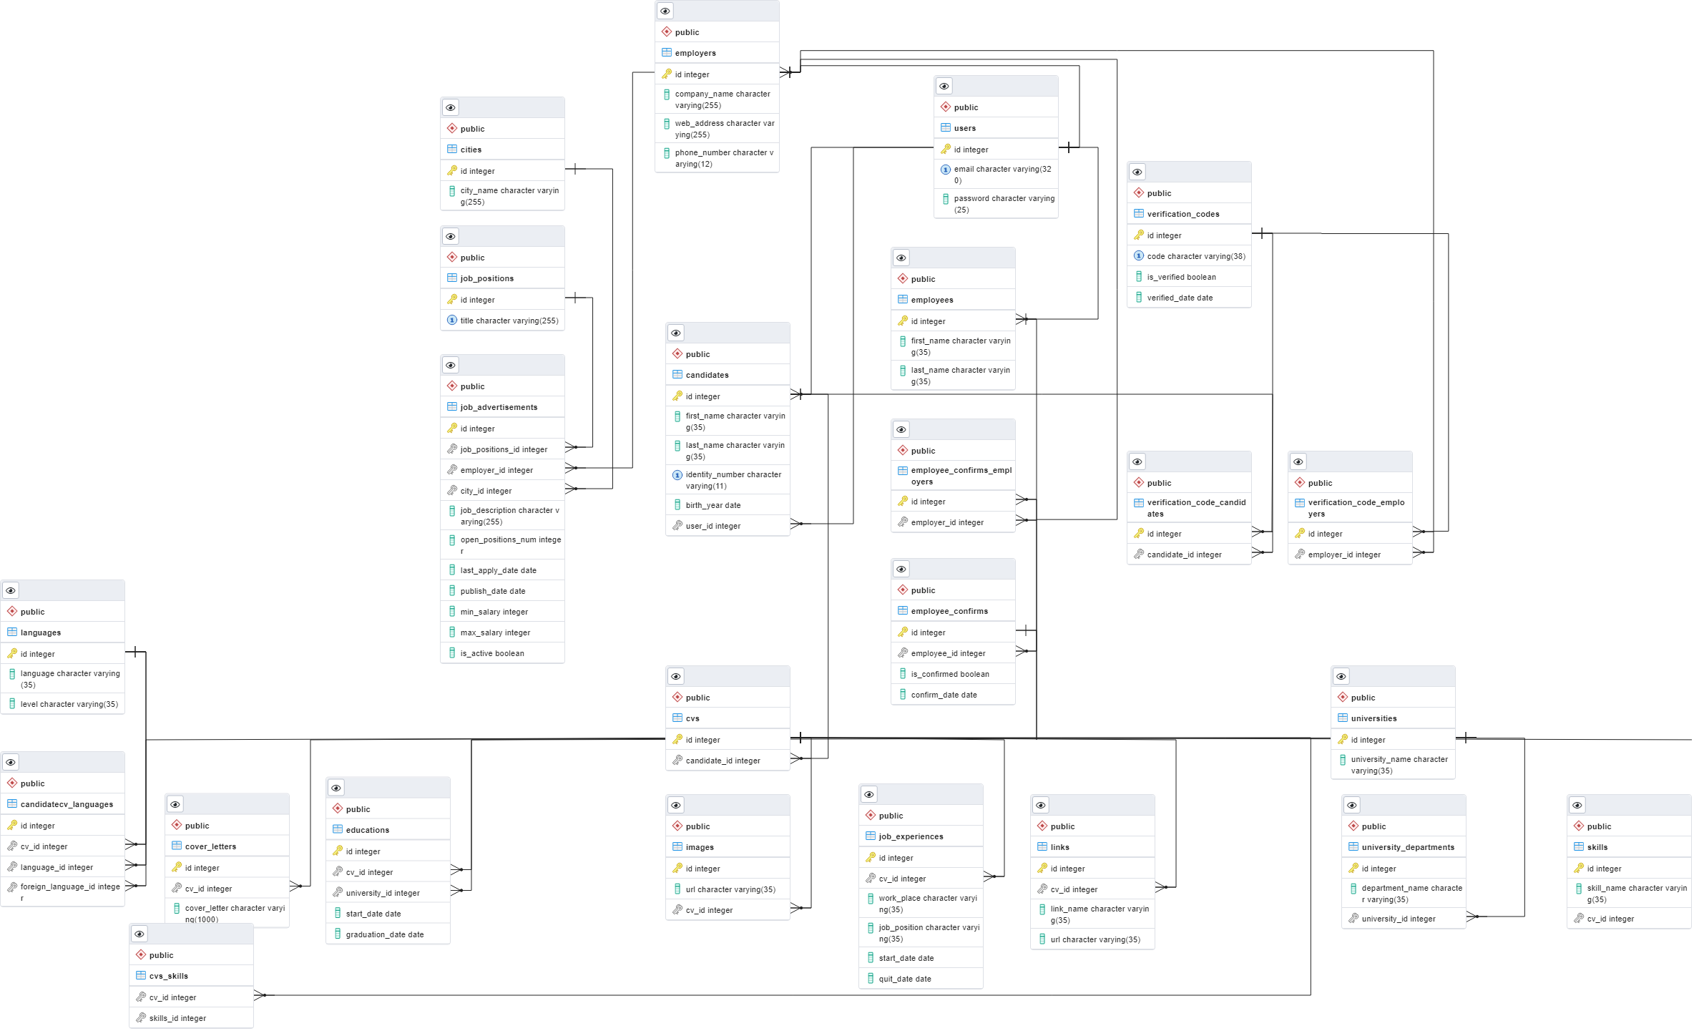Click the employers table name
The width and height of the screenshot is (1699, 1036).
[x=695, y=53]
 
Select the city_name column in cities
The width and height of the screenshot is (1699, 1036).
[x=509, y=196]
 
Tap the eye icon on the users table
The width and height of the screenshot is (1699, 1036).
[x=944, y=87]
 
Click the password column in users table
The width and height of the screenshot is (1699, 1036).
[x=1004, y=204]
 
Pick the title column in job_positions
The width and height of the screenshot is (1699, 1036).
[x=509, y=321]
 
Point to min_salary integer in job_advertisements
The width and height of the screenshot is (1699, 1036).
[x=494, y=612]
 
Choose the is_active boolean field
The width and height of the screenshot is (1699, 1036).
[x=492, y=653]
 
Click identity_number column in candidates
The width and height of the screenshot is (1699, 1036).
[x=733, y=480]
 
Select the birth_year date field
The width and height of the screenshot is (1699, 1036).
[x=713, y=505]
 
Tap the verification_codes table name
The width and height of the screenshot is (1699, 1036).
[x=1183, y=214]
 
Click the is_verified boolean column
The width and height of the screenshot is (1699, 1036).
[x=1181, y=277]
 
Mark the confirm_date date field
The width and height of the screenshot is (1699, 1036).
[x=944, y=695]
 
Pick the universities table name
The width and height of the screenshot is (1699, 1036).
[x=1374, y=718]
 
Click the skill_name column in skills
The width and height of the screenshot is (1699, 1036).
[x=1636, y=894]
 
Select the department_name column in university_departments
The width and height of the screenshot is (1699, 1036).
[x=1411, y=894]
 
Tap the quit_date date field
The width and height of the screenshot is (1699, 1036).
[x=905, y=979]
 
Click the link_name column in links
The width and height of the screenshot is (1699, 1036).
[x=1100, y=914]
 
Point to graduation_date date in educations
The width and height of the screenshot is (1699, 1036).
[x=384, y=934]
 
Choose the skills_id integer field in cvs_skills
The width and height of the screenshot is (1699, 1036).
[x=177, y=1018]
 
